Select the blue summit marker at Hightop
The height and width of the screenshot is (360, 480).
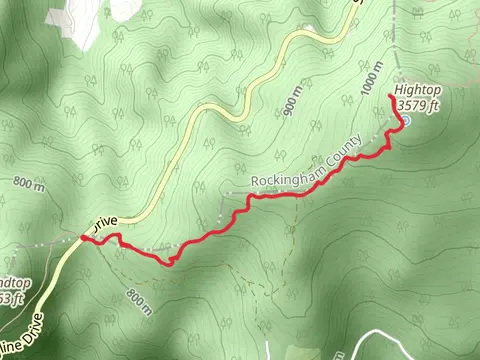coord(405,122)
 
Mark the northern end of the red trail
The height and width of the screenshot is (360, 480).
coord(388,97)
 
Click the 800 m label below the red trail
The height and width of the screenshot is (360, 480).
coord(140,300)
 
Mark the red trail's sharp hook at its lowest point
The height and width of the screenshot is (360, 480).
coord(170,261)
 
